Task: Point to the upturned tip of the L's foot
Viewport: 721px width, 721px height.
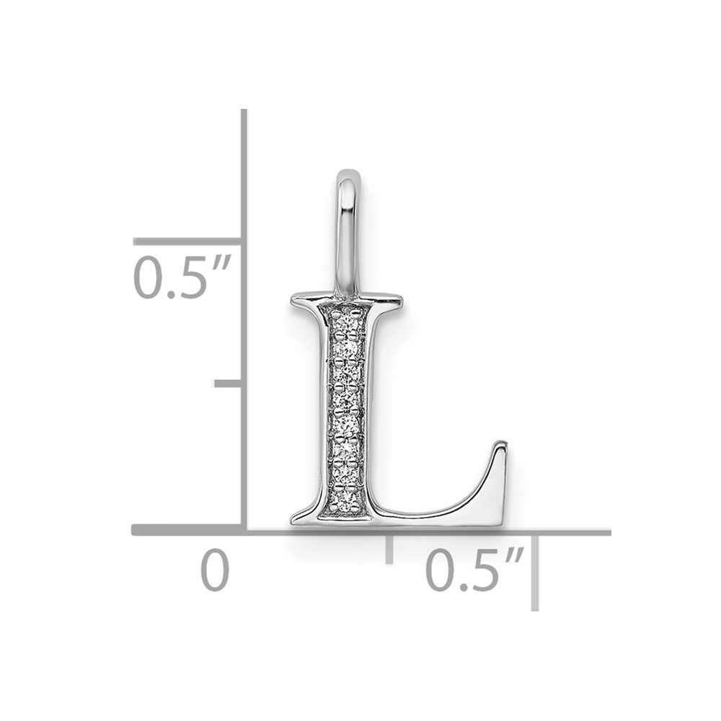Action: [x=500, y=448]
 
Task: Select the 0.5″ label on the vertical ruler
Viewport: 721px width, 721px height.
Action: [x=180, y=278]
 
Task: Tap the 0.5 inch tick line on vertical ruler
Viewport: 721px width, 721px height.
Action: [x=187, y=242]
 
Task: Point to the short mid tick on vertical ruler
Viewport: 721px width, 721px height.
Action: [x=228, y=383]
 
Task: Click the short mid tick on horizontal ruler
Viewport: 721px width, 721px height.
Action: [x=389, y=548]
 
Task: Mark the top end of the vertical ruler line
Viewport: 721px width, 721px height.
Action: [x=244, y=112]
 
